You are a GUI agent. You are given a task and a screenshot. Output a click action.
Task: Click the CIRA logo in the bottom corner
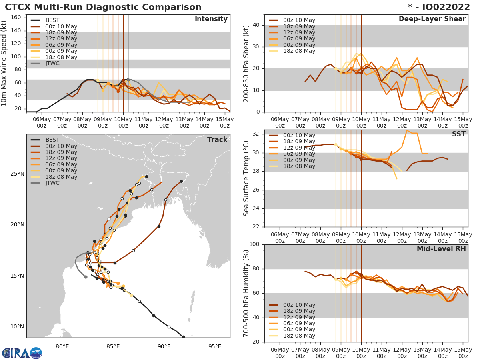(x=22, y=353)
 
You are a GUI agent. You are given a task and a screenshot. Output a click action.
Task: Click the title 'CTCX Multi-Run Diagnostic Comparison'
(x=103, y=7)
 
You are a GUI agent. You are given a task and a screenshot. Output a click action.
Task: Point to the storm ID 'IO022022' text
(x=444, y=7)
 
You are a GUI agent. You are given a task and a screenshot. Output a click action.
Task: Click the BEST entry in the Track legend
(x=52, y=140)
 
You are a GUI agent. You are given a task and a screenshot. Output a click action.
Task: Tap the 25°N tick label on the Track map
(x=18, y=174)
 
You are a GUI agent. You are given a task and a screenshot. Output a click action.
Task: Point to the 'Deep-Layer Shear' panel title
(x=432, y=19)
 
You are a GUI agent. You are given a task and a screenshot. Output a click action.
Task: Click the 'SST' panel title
(x=458, y=134)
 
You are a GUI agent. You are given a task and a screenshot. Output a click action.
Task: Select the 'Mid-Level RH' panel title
(x=441, y=249)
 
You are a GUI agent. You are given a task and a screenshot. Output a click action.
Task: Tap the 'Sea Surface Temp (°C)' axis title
(x=246, y=178)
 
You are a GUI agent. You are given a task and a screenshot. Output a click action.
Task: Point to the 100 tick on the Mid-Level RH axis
(x=254, y=244)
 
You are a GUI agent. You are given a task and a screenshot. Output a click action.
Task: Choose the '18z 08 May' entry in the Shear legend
(x=299, y=51)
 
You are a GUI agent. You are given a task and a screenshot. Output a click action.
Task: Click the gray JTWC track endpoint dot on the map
(x=86, y=277)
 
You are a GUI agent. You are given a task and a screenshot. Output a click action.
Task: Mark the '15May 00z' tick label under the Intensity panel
(x=224, y=122)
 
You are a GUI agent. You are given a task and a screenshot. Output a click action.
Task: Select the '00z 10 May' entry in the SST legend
(x=299, y=136)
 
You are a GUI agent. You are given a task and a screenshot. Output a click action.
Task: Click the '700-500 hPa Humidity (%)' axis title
(x=246, y=293)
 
